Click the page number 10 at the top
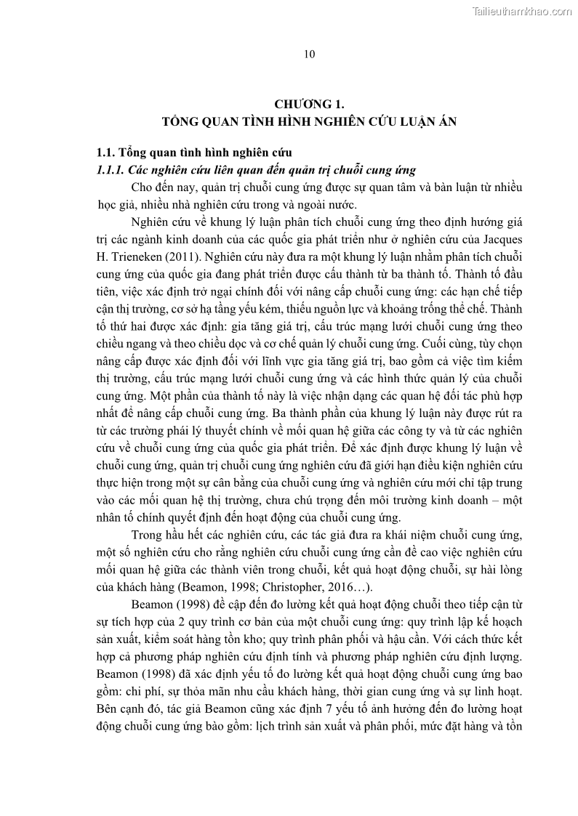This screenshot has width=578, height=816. click(x=309, y=54)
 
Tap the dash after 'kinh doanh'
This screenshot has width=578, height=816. click(x=492, y=501)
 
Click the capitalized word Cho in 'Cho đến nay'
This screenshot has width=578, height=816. click(x=141, y=187)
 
